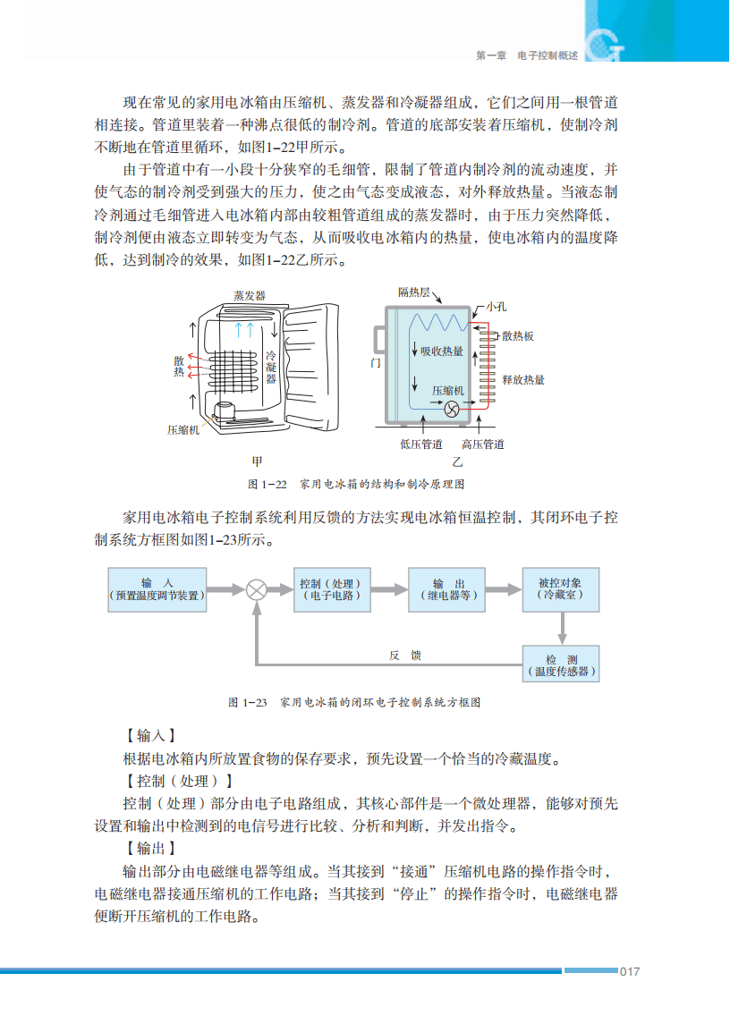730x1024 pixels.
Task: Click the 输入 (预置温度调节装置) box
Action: (157, 588)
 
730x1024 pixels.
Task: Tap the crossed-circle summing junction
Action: (257, 589)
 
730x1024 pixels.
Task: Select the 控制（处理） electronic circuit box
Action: (331, 588)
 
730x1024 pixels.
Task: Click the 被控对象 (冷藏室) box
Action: (561, 588)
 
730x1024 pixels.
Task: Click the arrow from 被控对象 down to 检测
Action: (561, 629)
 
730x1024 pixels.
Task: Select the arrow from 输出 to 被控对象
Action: (504, 589)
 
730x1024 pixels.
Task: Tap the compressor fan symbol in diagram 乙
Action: (453, 409)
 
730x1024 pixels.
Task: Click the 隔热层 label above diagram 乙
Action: (414, 292)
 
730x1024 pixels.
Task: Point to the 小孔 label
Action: (497, 307)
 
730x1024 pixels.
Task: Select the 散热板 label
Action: (518, 336)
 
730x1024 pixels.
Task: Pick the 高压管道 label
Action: (483, 444)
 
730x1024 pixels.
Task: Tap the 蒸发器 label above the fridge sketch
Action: (249, 295)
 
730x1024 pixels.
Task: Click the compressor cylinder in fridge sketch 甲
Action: (225, 411)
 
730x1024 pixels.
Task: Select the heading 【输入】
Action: (150, 736)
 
